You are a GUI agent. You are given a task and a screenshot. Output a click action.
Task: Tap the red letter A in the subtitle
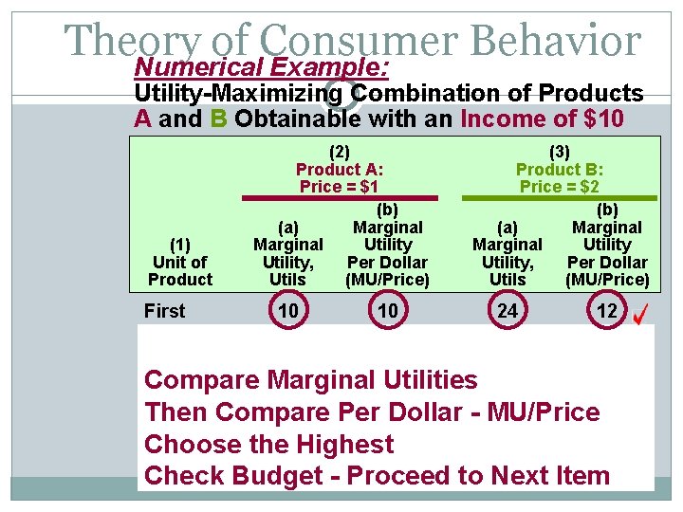(x=143, y=119)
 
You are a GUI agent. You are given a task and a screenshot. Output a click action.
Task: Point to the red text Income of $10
(x=542, y=119)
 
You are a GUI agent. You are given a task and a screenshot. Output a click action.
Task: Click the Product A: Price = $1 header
(x=340, y=169)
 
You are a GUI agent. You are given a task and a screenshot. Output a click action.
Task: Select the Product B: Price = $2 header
(x=559, y=169)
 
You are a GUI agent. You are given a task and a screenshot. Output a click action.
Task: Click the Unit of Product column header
(x=179, y=262)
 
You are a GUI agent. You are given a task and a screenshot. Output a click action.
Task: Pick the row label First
(x=165, y=311)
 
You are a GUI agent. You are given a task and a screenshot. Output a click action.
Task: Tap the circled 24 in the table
(x=508, y=311)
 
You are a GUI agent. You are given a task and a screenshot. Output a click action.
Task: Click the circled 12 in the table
(x=606, y=311)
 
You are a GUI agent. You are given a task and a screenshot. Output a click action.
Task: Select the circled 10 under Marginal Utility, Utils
(x=287, y=311)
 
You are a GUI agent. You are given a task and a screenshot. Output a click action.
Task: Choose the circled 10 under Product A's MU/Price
(x=387, y=311)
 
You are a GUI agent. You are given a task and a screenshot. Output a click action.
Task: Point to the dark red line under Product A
(x=340, y=198)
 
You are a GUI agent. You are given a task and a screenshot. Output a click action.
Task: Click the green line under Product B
(x=559, y=198)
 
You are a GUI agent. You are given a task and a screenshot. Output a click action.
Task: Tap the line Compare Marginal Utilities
(x=310, y=380)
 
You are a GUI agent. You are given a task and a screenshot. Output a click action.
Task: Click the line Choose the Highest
(x=268, y=444)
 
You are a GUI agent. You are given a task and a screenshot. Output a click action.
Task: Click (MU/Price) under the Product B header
(x=606, y=280)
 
